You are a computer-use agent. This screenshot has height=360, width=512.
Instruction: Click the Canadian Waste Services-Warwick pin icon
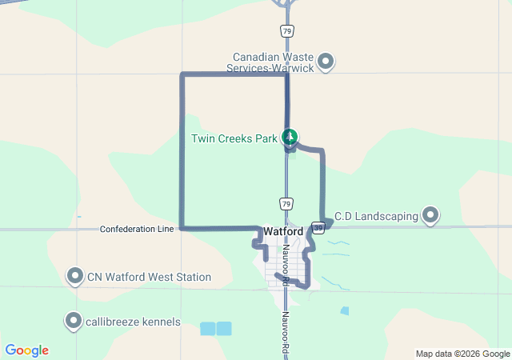pyautogui.click(x=326, y=61)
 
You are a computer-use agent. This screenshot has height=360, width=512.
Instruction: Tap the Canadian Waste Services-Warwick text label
pyautogui.click(x=273, y=62)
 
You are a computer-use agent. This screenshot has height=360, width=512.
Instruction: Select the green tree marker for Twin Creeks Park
pyautogui.click(x=290, y=138)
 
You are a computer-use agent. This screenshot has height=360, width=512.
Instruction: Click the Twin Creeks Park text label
pyautogui.click(x=234, y=138)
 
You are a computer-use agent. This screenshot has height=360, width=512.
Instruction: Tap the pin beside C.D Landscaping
pyautogui.click(x=431, y=215)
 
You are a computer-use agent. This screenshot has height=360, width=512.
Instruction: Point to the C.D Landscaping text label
pyautogui.click(x=376, y=216)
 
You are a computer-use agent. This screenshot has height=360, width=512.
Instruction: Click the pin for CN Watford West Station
pyautogui.click(x=75, y=277)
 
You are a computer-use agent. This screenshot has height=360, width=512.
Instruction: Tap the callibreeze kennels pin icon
pyautogui.click(x=74, y=322)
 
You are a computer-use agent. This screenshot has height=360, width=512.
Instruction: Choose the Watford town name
pyautogui.click(x=283, y=232)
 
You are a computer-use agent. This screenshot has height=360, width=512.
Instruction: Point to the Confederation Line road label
pyautogui.click(x=137, y=229)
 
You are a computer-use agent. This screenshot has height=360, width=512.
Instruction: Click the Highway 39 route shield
pyautogui.click(x=318, y=227)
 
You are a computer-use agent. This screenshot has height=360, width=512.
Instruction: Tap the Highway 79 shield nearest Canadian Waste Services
pyautogui.click(x=286, y=31)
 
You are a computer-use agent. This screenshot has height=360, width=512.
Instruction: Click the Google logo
pyautogui.click(x=27, y=350)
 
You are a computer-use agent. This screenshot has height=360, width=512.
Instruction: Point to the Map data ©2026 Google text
pyautogui.click(x=462, y=354)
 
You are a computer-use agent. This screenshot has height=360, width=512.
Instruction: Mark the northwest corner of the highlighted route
pyautogui.click(x=182, y=76)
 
